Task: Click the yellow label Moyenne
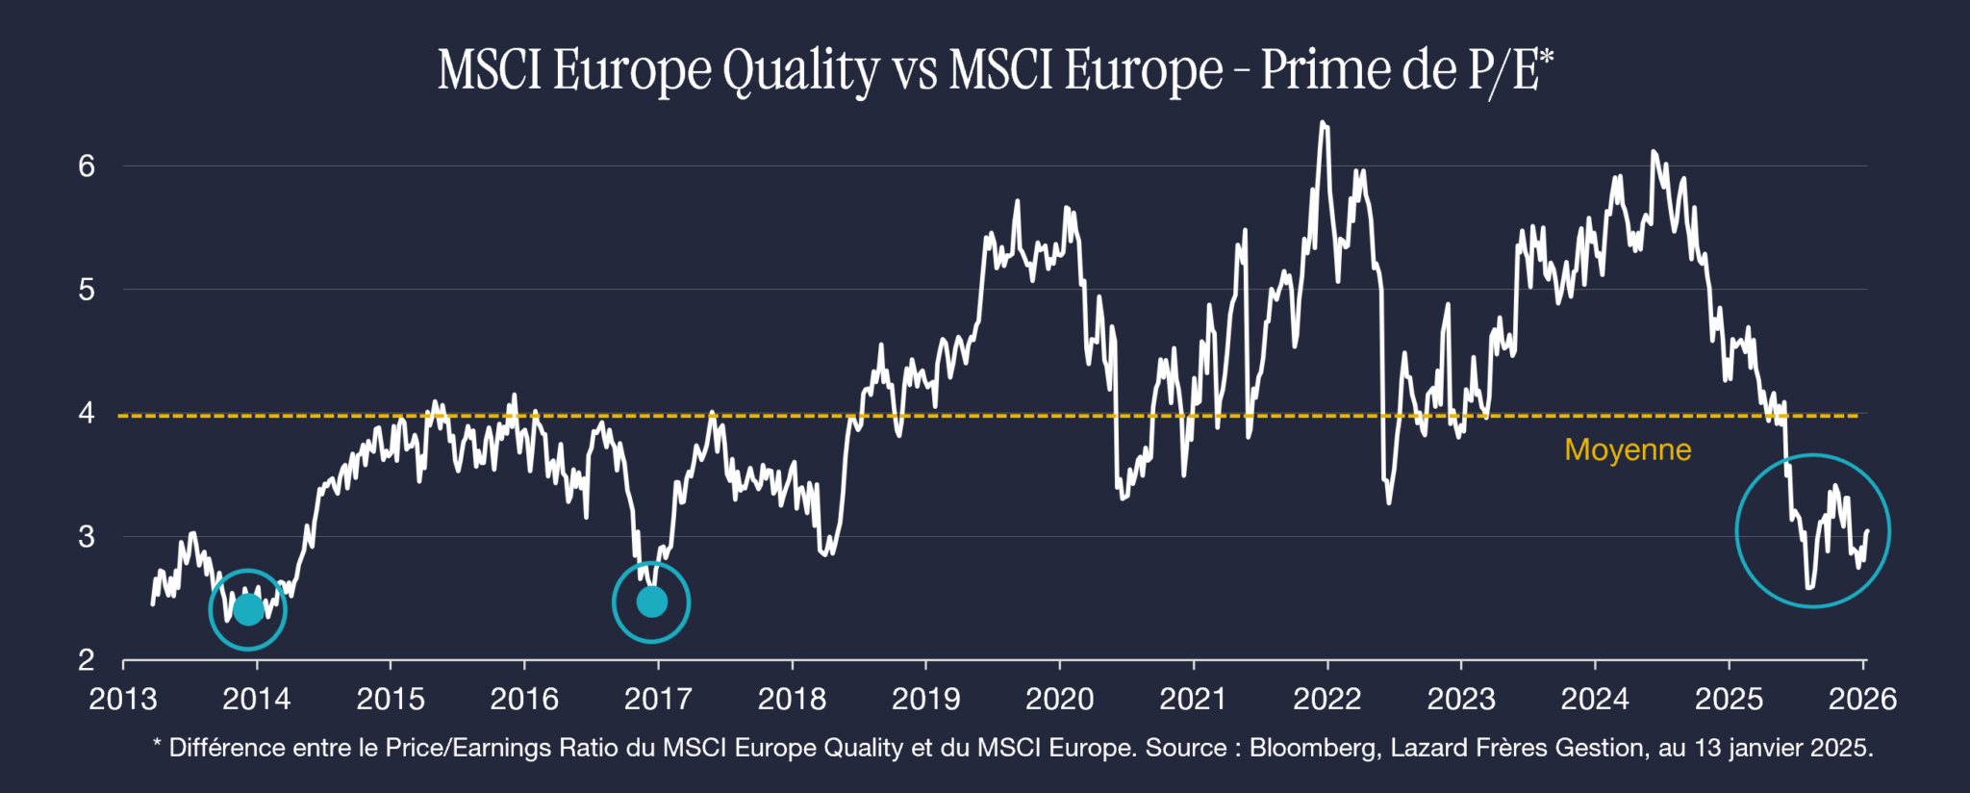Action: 1628,449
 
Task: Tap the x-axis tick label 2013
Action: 123,699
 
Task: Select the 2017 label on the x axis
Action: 658,699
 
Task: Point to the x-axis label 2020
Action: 1059,699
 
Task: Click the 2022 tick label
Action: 1326,699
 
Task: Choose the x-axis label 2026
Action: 1862,699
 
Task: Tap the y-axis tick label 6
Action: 87,166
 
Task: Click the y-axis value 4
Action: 87,413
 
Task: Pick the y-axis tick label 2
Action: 87,660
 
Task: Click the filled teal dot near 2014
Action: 248,609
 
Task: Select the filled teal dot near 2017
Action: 652,602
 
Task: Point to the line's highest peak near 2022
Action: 1323,123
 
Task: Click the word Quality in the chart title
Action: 800,71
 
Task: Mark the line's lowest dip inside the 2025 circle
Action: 1809,587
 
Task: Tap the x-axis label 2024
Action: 1595,699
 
